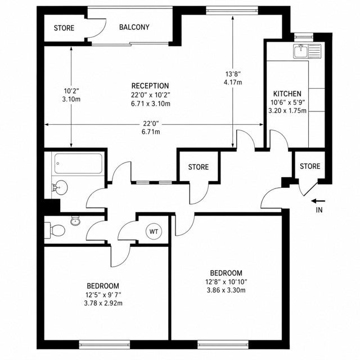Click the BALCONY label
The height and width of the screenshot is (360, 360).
pos(134,28)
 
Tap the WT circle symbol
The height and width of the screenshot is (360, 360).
pos(154,231)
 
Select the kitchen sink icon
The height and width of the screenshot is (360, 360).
pos(307,51)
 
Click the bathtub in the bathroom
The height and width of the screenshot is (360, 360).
pos(78,164)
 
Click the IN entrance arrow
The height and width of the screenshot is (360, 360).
pos(318,201)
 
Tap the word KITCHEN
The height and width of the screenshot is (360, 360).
pos(287,94)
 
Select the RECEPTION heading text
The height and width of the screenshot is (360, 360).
pos(150,86)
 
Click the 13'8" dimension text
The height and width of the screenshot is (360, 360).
pos(233,74)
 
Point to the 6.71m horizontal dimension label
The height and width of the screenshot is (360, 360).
pos(151,132)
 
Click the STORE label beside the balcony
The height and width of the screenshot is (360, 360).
pos(64,28)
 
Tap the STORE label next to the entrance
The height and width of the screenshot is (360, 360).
pos(310,166)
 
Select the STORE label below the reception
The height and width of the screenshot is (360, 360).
pos(199,167)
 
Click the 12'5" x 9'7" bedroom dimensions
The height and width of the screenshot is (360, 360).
pos(103,295)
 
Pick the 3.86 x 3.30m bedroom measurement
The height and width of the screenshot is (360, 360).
pos(226,290)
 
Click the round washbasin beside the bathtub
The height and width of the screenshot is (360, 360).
pos(60,187)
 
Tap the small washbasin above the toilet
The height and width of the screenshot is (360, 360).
pos(75,221)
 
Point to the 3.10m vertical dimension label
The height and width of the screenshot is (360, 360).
pos(71,100)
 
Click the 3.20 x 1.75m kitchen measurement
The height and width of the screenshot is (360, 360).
pos(287,111)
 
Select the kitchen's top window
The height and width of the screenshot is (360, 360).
pos(304,36)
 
